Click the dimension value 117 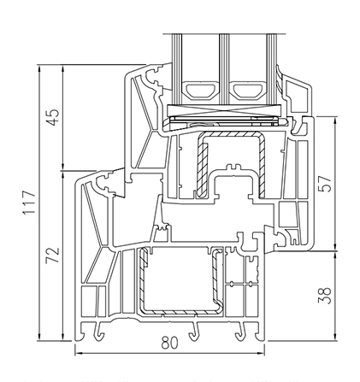[x=30, y=203]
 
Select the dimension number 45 [x=54, y=117]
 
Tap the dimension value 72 [x=54, y=255]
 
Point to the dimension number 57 [x=324, y=184]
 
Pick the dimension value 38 [x=324, y=296]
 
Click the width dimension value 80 [x=169, y=343]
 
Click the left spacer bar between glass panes [x=201, y=91]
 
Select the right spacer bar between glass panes [x=247, y=91]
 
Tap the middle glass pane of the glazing [x=224, y=69]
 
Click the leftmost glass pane [x=177, y=69]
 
